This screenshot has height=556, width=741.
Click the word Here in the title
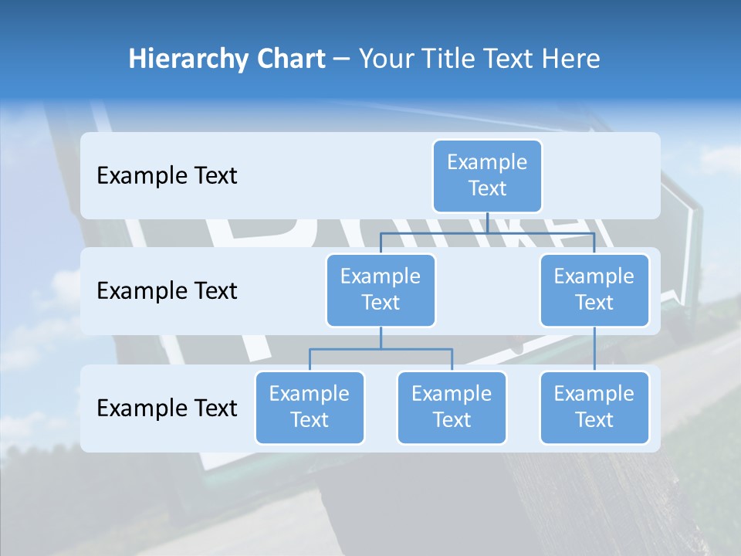(x=571, y=59)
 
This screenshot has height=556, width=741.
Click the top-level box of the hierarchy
(x=487, y=176)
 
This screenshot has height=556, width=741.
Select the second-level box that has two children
(x=381, y=290)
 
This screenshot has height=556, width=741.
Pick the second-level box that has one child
(x=594, y=290)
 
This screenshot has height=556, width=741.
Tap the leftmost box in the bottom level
(x=310, y=408)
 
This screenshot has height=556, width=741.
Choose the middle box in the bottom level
(x=452, y=408)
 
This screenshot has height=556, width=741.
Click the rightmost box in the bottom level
(x=594, y=408)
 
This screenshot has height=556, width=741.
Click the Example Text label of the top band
(x=167, y=176)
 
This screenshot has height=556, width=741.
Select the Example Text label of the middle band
(x=167, y=291)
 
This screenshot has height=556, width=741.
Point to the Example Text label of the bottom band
(x=167, y=409)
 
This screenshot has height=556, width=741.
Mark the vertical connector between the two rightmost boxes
(x=594, y=349)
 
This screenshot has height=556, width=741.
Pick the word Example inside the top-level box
(x=487, y=163)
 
